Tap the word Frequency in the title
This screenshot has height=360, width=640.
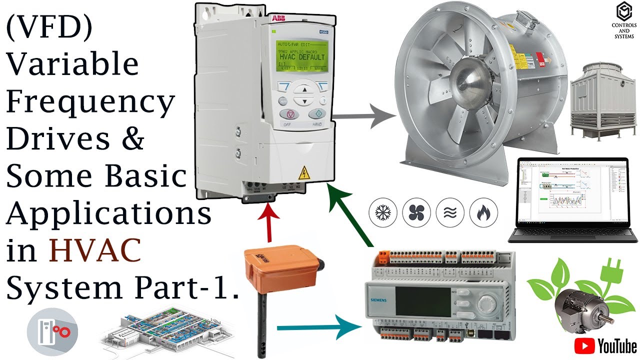point(90,102)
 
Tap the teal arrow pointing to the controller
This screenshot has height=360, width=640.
point(320,328)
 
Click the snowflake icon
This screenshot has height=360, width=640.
point(382,212)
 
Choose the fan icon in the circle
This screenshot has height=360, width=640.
point(416,212)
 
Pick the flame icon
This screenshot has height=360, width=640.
point(483,212)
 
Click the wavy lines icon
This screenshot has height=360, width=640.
point(450,212)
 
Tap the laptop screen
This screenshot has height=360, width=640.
point(571,192)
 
